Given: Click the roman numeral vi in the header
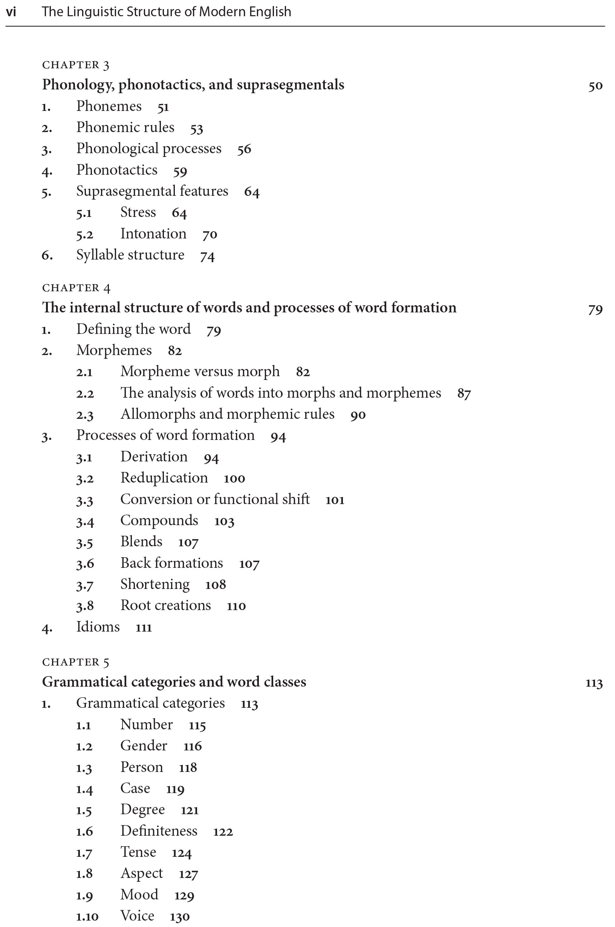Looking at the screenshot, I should point(11,12).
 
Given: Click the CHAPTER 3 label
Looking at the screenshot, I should point(76,65).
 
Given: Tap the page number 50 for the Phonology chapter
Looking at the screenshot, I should point(595,86).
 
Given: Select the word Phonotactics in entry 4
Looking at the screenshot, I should point(117,170).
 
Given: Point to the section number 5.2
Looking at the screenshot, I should point(85,234).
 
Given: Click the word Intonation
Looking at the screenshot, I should point(153,234).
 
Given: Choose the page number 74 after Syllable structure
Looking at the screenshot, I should point(208,256).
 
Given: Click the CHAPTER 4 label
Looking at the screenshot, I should point(76,288).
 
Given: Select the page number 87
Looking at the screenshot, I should point(464,394).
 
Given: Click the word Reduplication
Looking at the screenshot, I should point(164,478).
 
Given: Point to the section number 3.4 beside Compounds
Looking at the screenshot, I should point(85,521).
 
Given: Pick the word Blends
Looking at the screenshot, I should point(141,541).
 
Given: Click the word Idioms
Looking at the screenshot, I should point(98,627).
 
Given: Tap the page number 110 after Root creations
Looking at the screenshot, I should point(236,606).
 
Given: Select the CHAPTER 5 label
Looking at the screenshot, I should point(76,663).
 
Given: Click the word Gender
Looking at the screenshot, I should point(144,745).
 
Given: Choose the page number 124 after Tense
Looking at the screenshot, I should point(182,853).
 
